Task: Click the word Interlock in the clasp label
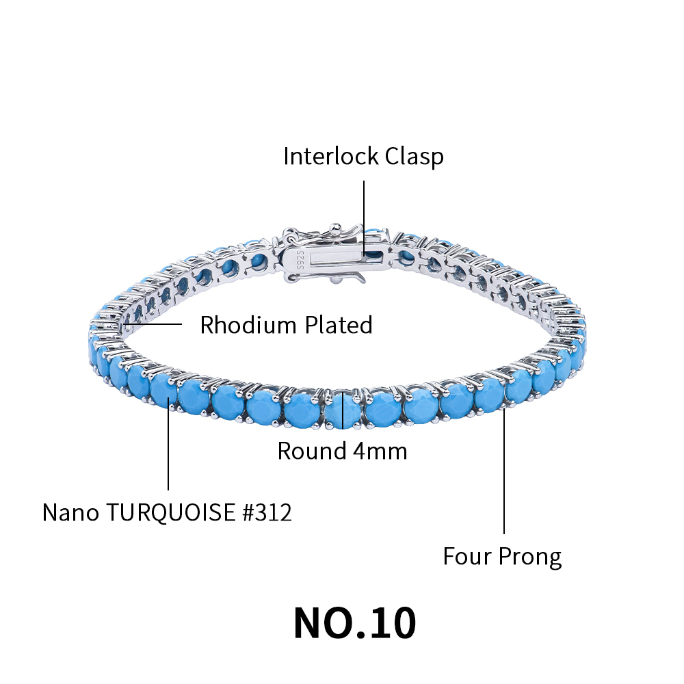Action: [x=330, y=156]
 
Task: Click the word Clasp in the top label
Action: [x=414, y=157]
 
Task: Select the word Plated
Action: [x=338, y=324]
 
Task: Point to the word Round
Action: [x=311, y=451]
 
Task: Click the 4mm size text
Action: [x=380, y=451]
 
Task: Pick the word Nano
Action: [x=70, y=512]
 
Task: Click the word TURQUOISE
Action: [x=171, y=512]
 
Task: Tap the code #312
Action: [x=267, y=512]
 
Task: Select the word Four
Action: [x=466, y=556]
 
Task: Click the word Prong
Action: [x=529, y=557]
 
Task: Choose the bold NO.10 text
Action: [x=354, y=623]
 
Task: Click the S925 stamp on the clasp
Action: [x=300, y=261]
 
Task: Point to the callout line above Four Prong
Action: [x=504, y=471]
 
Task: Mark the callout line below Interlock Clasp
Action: [x=364, y=218]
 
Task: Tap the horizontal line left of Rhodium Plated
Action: [x=153, y=324]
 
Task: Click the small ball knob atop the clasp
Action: [x=334, y=228]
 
